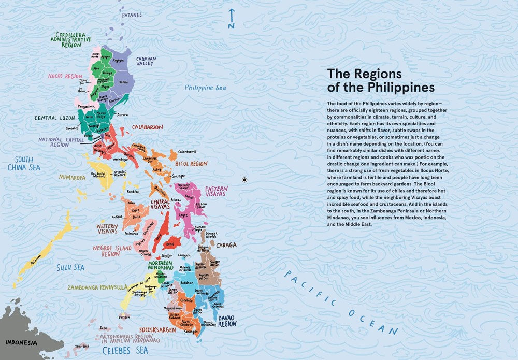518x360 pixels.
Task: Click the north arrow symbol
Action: pos(232,19)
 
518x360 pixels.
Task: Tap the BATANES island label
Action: pos(132,15)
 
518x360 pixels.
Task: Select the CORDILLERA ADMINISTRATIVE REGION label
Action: pos(71,39)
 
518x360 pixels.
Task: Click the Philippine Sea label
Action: pos(206,88)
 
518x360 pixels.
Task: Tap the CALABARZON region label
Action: pos(147,127)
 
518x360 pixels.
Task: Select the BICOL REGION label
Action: pos(191,164)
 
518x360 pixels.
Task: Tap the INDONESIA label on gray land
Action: pos(21,343)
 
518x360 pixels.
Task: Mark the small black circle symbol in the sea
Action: pos(244,180)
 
